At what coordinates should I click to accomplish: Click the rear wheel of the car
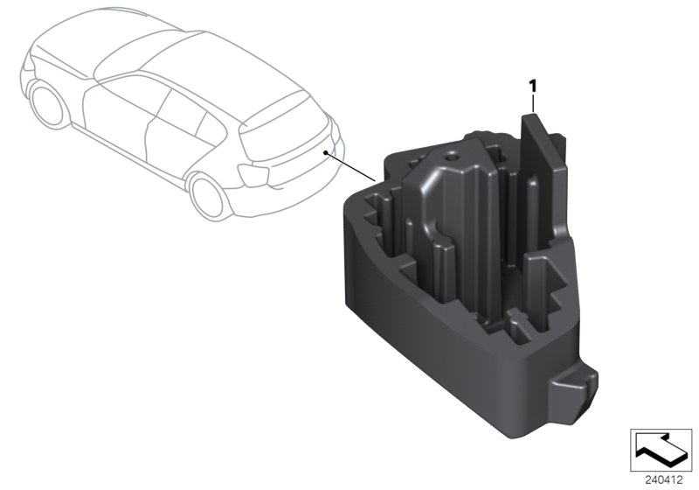tap(207, 194)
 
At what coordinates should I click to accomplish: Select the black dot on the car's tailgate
tap(327, 152)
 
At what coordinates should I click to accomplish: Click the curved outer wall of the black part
tap(411, 332)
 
